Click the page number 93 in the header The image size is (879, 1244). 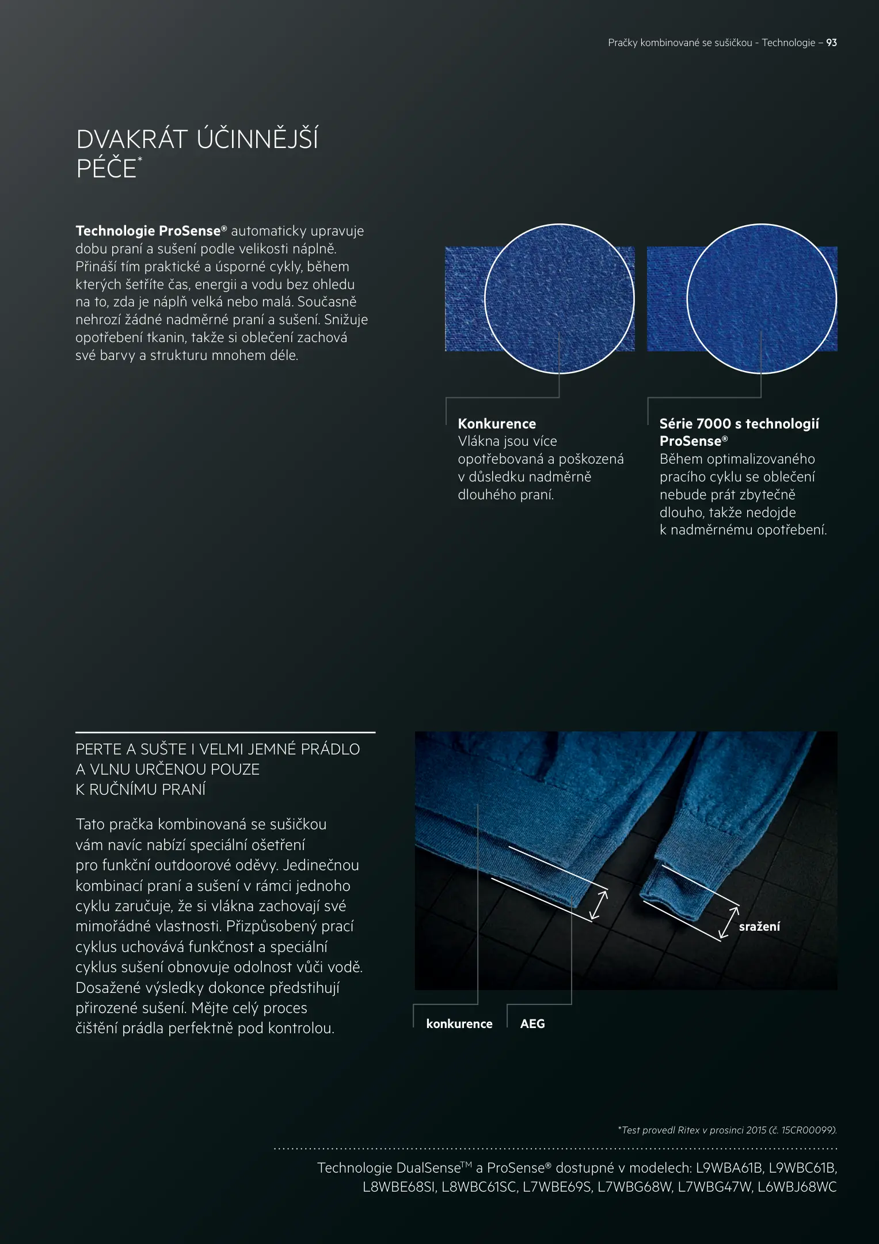[831, 43]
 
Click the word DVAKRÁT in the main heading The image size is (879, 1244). [132, 140]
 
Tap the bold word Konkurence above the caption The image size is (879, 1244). [497, 424]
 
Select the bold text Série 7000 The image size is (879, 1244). [695, 424]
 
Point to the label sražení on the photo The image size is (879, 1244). [759, 926]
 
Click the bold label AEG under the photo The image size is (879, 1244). [532, 1023]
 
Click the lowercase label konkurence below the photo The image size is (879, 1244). [459, 1023]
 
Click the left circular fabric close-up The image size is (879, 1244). [559, 298]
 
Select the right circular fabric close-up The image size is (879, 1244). [761, 298]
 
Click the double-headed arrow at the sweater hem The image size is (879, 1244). [599, 905]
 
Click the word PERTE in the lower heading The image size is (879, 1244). [98, 749]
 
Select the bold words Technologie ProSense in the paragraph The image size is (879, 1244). [148, 231]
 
